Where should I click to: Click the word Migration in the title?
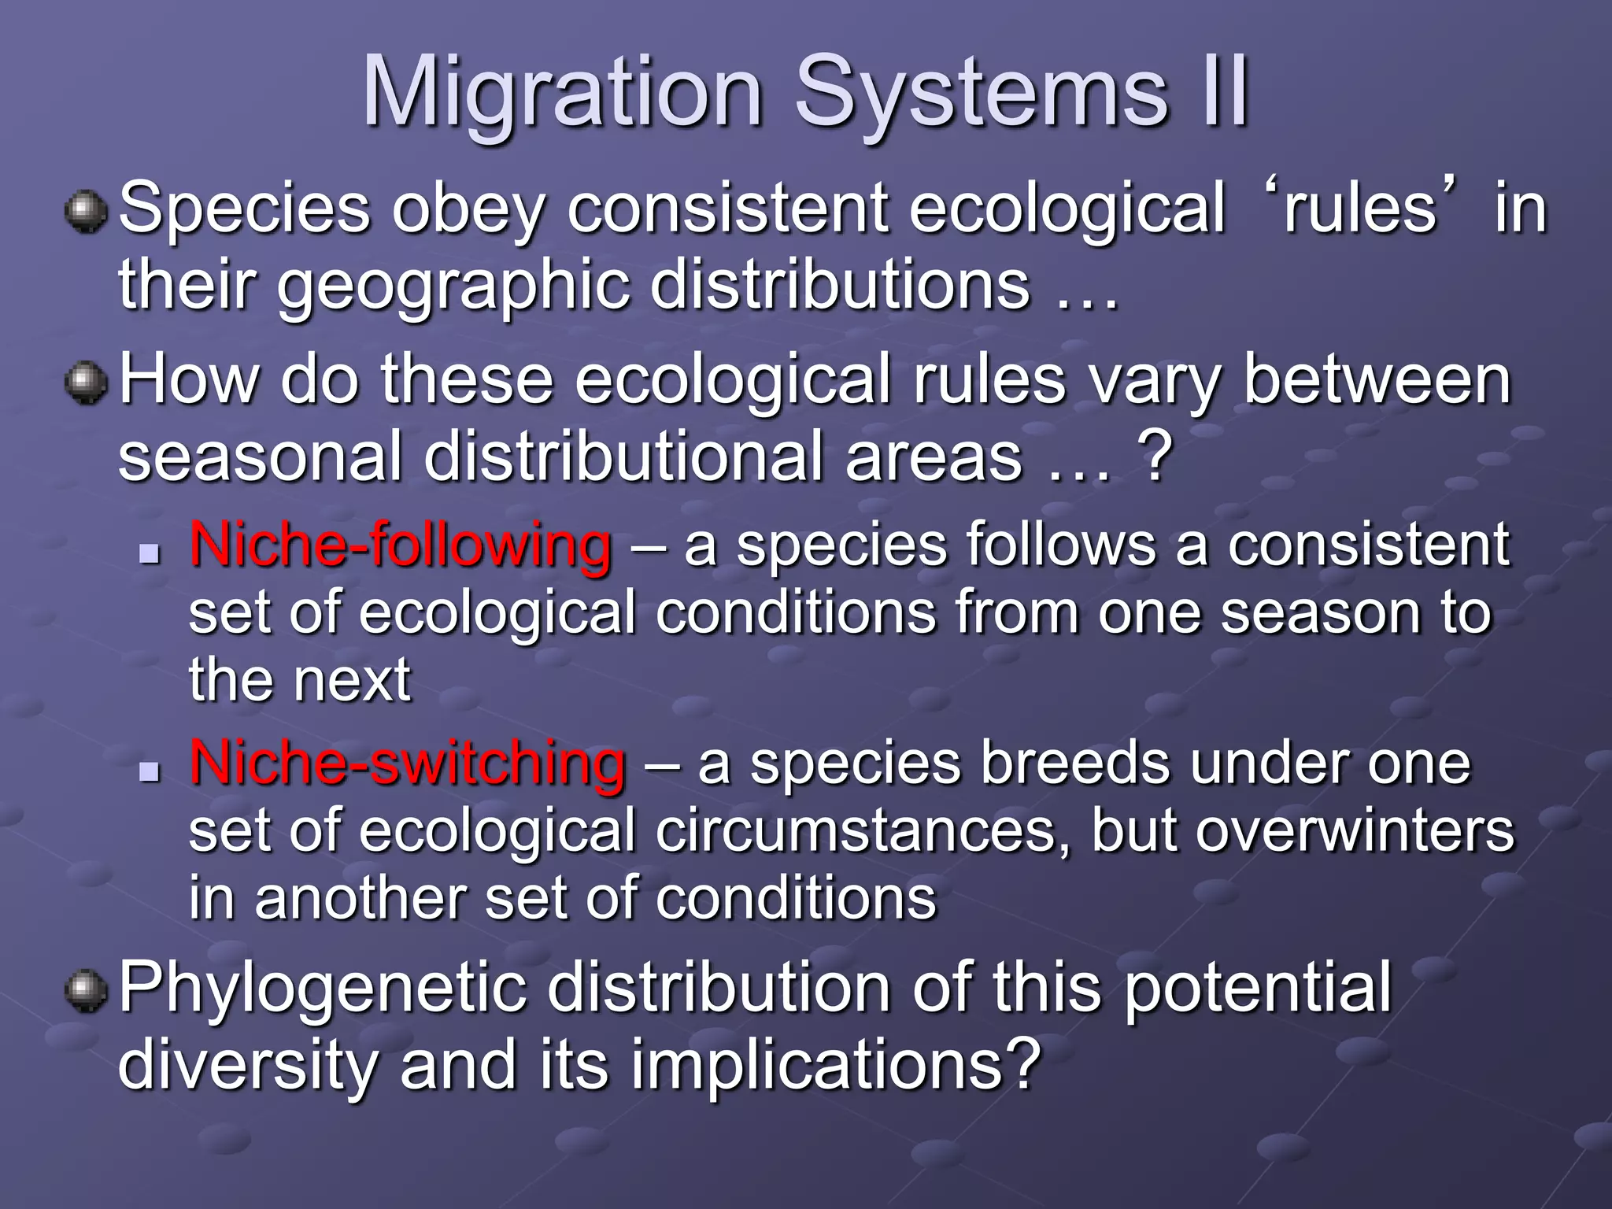click(x=562, y=93)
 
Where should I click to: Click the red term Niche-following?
click(x=400, y=545)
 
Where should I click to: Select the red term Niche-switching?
click(x=407, y=763)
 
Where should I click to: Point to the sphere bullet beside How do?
click(x=86, y=383)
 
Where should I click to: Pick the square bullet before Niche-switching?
click(x=148, y=771)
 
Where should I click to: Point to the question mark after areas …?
click(x=1154, y=457)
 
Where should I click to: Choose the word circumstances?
click(x=863, y=831)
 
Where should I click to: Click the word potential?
click(x=1257, y=990)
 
